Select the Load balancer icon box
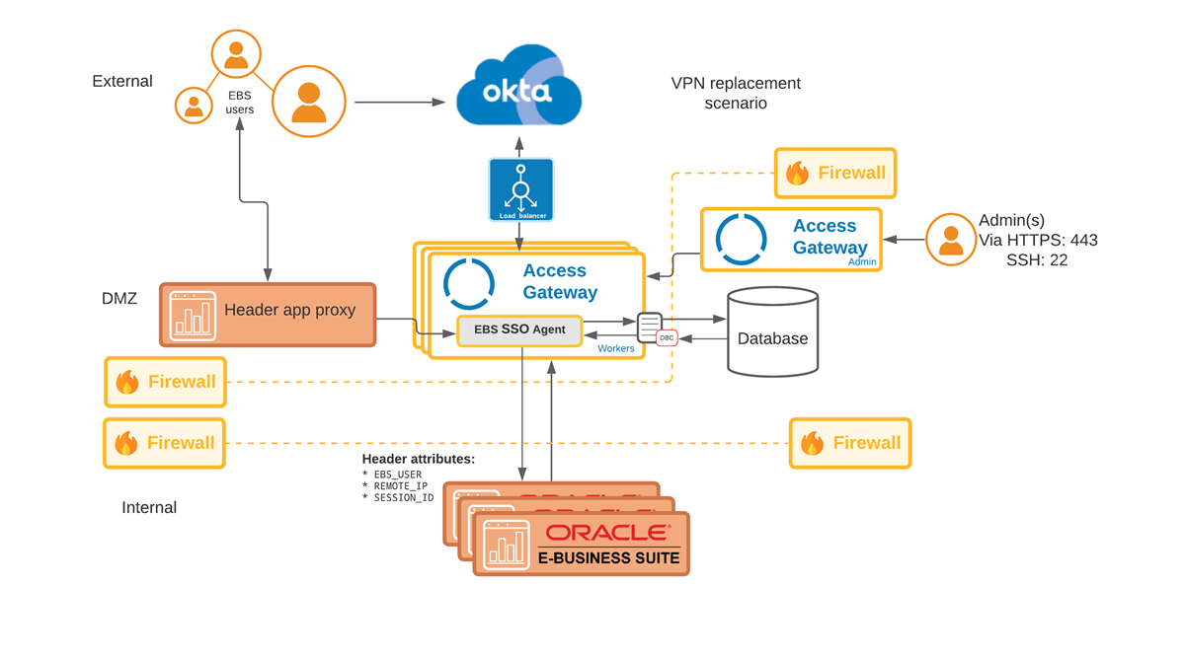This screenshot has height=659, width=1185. point(520,189)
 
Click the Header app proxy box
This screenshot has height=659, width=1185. point(268,315)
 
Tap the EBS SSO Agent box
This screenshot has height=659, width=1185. point(519,329)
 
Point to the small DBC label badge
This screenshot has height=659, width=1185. point(667,337)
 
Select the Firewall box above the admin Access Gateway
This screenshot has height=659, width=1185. point(835,174)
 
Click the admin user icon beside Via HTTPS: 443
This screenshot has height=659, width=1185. point(951,240)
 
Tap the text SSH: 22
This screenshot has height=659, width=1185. point(1037,260)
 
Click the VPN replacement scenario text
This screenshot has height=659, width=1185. point(736,93)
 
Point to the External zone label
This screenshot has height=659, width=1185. point(122,81)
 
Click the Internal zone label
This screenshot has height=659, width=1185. point(149,507)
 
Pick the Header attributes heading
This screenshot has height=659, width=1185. point(419,459)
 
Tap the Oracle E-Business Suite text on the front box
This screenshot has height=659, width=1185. point(608,557)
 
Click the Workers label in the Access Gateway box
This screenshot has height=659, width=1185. point(615,348)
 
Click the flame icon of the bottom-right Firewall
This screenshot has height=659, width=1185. point(812,443)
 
